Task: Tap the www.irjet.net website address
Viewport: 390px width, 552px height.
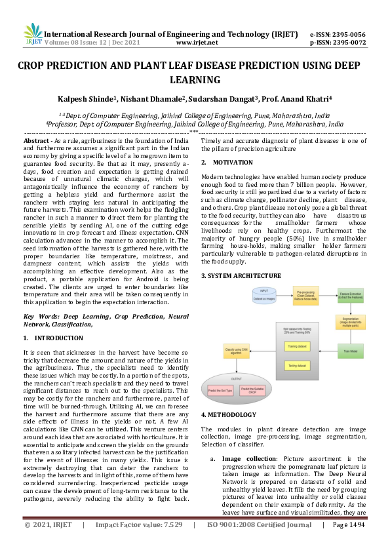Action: click(197, 41)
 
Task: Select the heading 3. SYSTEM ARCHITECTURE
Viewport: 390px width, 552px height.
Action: click(241, 275)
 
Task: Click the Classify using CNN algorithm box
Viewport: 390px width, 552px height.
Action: click(238, 352)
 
